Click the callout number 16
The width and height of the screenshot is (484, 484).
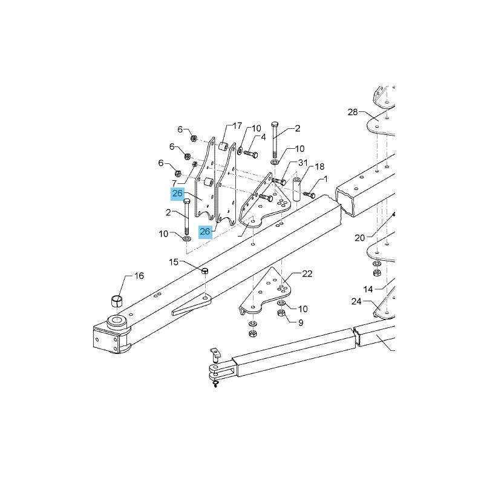coord(139,276)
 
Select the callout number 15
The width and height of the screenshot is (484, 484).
coord(174,262)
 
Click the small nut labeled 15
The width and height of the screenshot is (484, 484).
coord(205,271)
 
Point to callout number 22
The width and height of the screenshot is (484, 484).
coord(307,274)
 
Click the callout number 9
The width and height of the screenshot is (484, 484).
coord(301,322)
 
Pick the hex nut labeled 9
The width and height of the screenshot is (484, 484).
coord(281,314)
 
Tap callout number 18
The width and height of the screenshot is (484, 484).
coord(319,167)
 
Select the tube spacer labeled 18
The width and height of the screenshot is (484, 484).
coord(297,189)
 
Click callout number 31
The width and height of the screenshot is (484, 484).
coord(303,162)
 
